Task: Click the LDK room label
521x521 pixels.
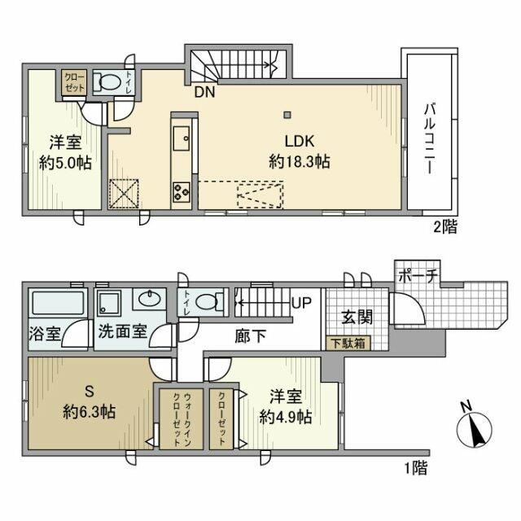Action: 300,138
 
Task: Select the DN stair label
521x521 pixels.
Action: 204,92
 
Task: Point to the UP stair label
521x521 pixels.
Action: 301,304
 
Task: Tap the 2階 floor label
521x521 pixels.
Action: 444,227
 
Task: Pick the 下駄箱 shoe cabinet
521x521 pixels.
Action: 348,343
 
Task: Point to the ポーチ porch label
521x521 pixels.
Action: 418,277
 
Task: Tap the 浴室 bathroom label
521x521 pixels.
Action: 44,334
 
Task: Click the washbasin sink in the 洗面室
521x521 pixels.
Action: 150,300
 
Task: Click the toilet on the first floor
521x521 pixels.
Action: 208,302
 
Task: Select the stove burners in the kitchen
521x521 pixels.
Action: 181,193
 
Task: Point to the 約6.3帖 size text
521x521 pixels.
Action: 90,411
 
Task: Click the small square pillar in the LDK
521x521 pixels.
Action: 286,112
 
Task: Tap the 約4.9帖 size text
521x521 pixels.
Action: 286,416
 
